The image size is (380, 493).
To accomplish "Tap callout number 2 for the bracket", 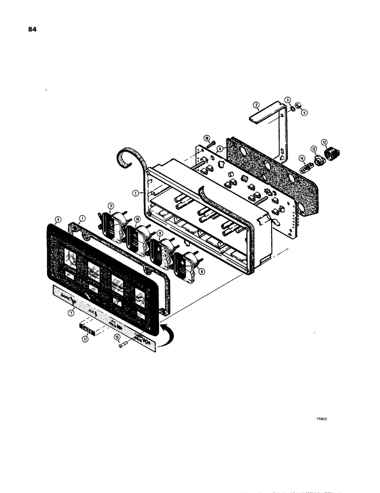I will tap(256, 105).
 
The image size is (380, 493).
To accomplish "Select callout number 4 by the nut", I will tap(304, 112).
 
